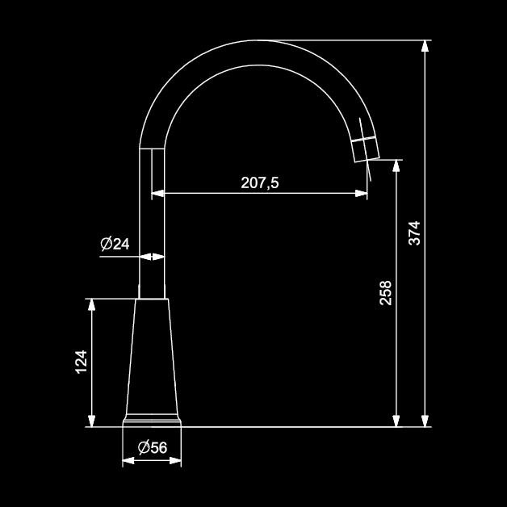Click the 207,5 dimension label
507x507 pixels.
tap(260, 182)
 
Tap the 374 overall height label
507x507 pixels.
tap(414, 233)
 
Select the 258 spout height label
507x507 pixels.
tap(385, 293)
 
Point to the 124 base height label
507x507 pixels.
tap(81, 362)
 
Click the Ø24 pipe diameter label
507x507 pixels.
tap(115, 244)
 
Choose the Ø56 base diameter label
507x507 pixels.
tap(153, 447)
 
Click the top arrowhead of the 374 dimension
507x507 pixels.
tap(425, 46)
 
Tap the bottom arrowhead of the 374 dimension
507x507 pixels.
tap(425, 421)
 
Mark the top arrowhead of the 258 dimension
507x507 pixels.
tap(396, 166)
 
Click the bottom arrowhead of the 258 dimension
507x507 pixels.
tap(396, 421)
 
